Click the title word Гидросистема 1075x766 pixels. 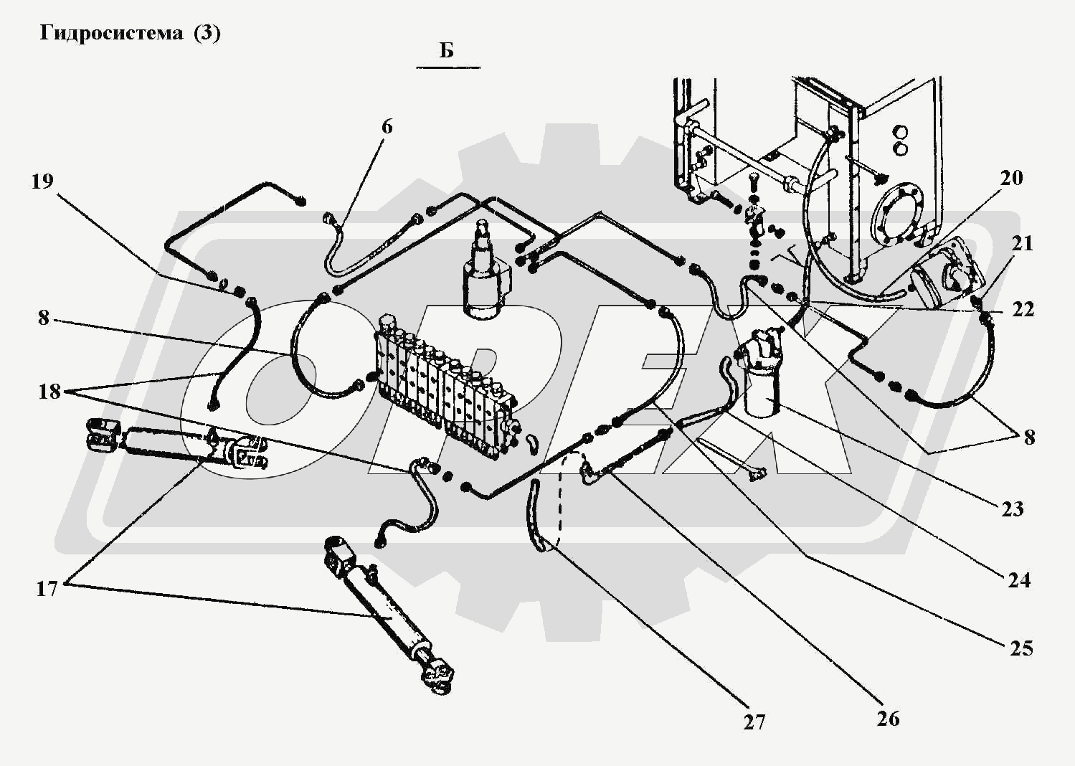coord(111,33)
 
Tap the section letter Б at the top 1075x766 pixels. coord(446,50)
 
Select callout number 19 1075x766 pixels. coord(42,181)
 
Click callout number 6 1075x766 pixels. coord(387,127)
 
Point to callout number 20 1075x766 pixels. coord(1011,178)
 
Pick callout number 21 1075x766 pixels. coord(1022,244)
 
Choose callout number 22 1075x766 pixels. coord(1023,310)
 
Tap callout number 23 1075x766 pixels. coord(1013,509)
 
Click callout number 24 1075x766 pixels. coord(1019,581)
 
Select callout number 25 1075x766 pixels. coord(1020,648)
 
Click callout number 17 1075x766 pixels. coord(47,590)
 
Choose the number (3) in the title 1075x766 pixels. coord(207,33)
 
